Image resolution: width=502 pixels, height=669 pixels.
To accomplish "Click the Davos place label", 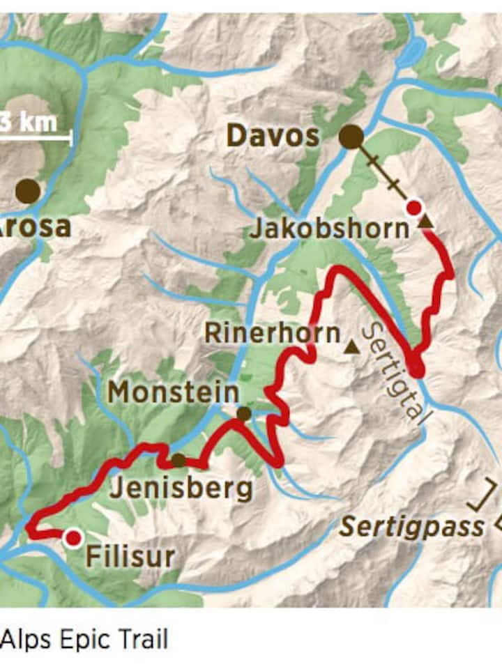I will [273, 136].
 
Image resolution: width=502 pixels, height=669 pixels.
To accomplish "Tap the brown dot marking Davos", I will [351, 137].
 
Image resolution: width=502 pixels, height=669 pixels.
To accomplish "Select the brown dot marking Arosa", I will [28, 191].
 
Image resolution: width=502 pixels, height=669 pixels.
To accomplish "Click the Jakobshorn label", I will [329, 229].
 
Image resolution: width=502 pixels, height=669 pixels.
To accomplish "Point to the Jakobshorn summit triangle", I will [425, 222].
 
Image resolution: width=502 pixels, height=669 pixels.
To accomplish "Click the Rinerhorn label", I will [272, 334].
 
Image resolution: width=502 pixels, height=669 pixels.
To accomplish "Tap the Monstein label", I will [173, 393].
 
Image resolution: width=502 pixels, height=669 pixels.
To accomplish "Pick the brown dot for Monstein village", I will [243, 414].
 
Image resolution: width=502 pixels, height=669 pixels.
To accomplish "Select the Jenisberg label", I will [181, 488].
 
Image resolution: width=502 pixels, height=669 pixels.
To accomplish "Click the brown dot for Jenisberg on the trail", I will [178, 460].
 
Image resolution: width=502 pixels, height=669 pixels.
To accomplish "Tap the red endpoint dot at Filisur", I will [73, 538].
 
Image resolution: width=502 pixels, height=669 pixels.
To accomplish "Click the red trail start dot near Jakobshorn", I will [414, 208].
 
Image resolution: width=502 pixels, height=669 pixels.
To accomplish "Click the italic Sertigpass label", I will [411, 528].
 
